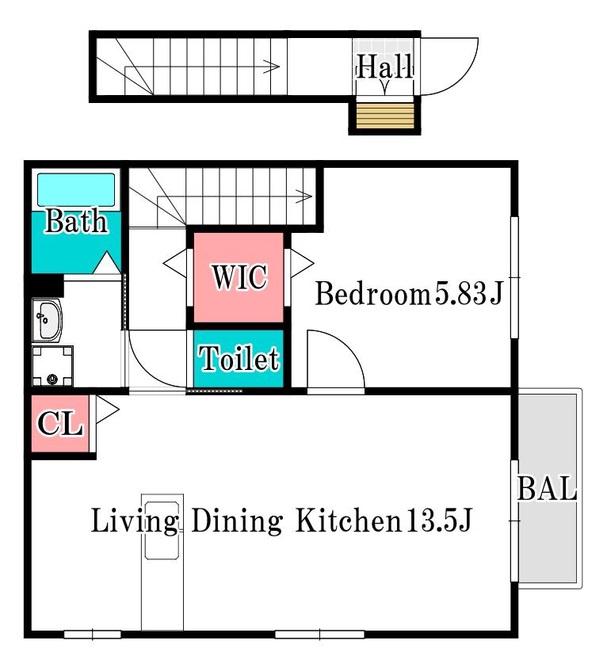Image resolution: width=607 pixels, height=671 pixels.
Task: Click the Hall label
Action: (x=384, y=67)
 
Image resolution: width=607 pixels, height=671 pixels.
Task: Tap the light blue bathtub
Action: (x=76, y=189)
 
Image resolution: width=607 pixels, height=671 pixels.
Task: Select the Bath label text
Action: (x=76, y=221)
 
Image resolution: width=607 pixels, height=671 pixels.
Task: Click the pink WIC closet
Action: (x=239, y=277)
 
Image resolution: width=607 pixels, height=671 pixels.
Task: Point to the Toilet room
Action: (x=239, y=359)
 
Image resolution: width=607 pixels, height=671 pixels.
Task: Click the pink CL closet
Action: (x=60, y=423)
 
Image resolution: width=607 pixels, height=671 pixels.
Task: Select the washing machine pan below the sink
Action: (x=52, y=366)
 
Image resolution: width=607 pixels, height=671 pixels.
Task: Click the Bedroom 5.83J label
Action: (x=409, y=294)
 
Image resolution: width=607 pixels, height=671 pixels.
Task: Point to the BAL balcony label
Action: (x=547, y=489)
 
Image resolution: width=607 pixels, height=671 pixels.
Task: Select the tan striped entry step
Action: (x=385, y=115)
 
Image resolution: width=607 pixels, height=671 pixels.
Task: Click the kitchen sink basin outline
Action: (x=162, y=531)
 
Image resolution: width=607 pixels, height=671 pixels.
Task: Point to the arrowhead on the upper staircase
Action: (x=272, y=67)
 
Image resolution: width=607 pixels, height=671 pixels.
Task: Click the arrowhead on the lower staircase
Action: (x=304, y=196)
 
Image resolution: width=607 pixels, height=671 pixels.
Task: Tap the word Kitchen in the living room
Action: (x=349, y=520)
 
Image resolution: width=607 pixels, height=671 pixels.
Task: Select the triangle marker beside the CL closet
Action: (x=107, y=410)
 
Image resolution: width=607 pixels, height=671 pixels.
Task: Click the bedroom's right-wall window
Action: (x=515, y=277)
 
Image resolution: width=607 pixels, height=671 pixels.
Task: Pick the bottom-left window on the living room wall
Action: (x=93, y=635)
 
